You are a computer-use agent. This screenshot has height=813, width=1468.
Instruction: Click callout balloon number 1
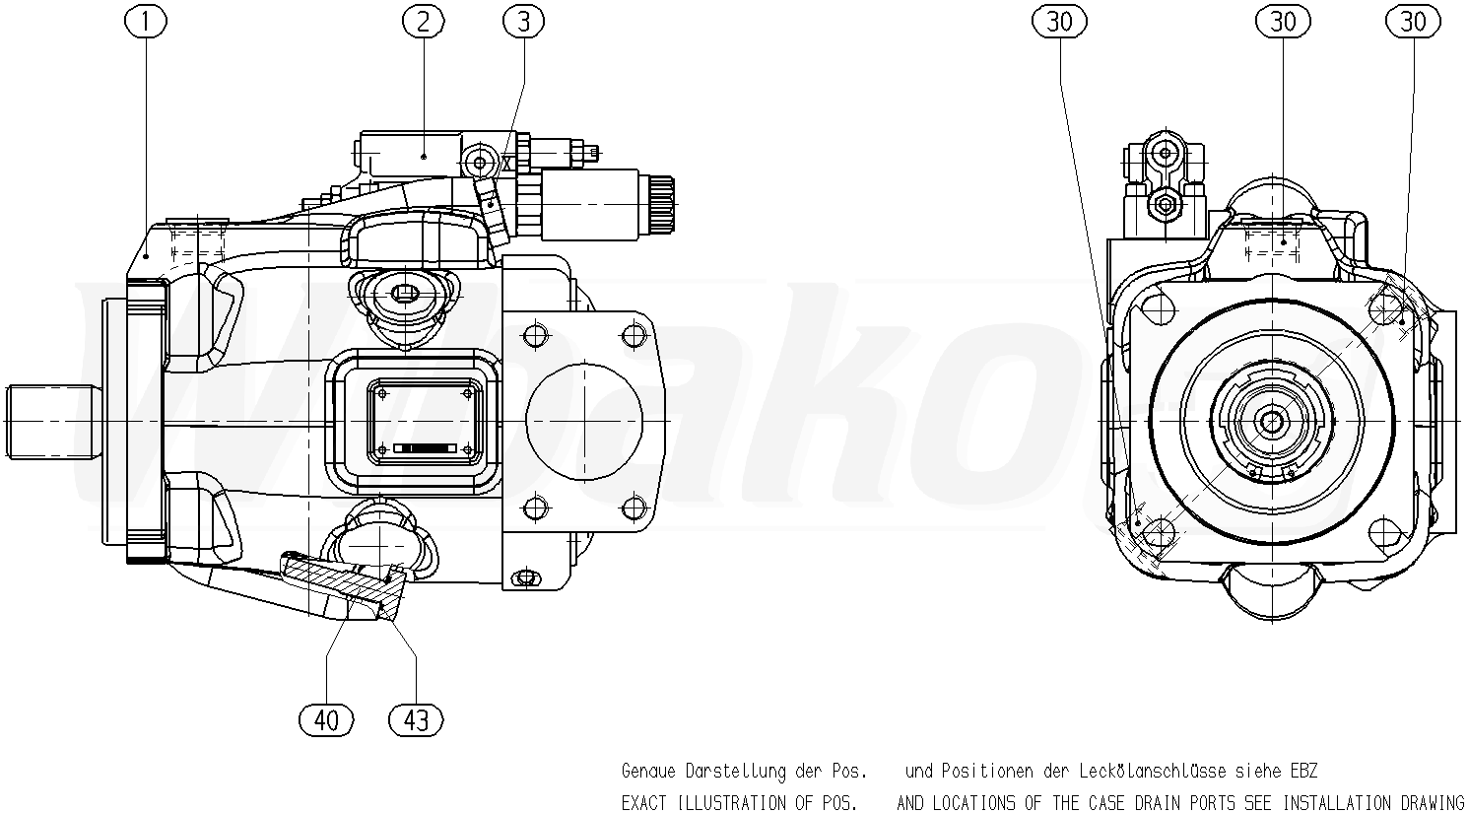[146, 22]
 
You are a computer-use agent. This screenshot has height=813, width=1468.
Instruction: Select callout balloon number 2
[424, 22]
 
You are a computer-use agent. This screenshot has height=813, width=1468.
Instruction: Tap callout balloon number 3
[523, 22]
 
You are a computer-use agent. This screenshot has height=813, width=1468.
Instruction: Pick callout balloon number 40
[326, 720]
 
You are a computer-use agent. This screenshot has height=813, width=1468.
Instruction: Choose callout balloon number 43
[416, 720]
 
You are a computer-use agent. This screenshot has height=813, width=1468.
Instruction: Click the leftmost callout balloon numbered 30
[1060, 22]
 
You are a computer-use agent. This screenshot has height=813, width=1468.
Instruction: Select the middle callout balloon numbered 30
[1283, 22]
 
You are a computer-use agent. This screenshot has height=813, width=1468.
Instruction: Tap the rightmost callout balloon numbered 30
[1413, 22]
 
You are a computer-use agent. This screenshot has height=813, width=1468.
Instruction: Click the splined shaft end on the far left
[54, 422]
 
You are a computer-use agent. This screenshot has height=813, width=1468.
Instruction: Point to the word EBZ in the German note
[1303, 771]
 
